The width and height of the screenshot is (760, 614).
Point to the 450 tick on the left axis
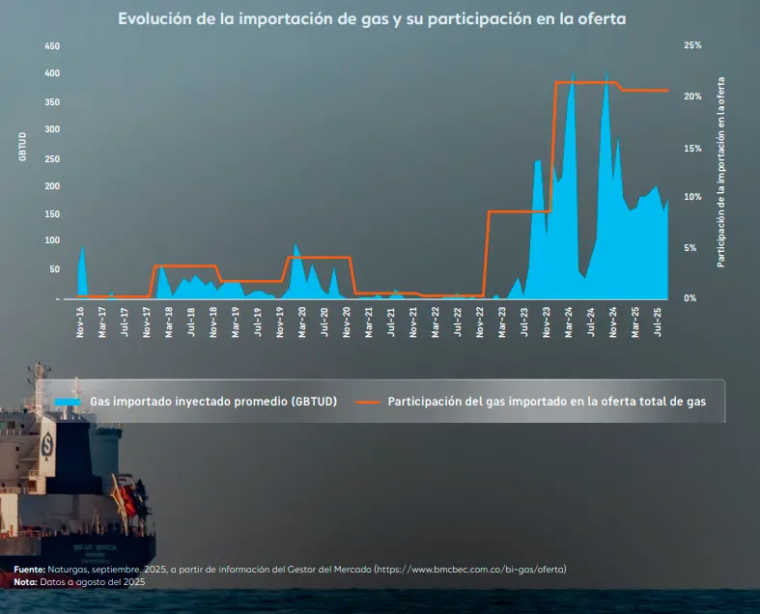click(x=52, y=46)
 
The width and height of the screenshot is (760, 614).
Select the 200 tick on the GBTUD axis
click(x=52, y=185)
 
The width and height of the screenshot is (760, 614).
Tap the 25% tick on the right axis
click(x=691, y=45)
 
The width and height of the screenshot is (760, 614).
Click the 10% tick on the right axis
click(x=691, y=197)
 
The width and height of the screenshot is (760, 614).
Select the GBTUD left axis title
click(x=22, y=151)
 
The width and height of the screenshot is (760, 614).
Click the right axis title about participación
click(x=721, y=172)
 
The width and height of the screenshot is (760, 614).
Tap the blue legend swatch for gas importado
click(x=68, y=402)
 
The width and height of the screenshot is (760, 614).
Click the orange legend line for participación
click(x=369, y=402)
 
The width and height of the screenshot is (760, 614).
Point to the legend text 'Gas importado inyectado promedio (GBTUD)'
click(x=212, y=402)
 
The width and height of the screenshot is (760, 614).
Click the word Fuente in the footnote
click(x=29, y=570)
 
